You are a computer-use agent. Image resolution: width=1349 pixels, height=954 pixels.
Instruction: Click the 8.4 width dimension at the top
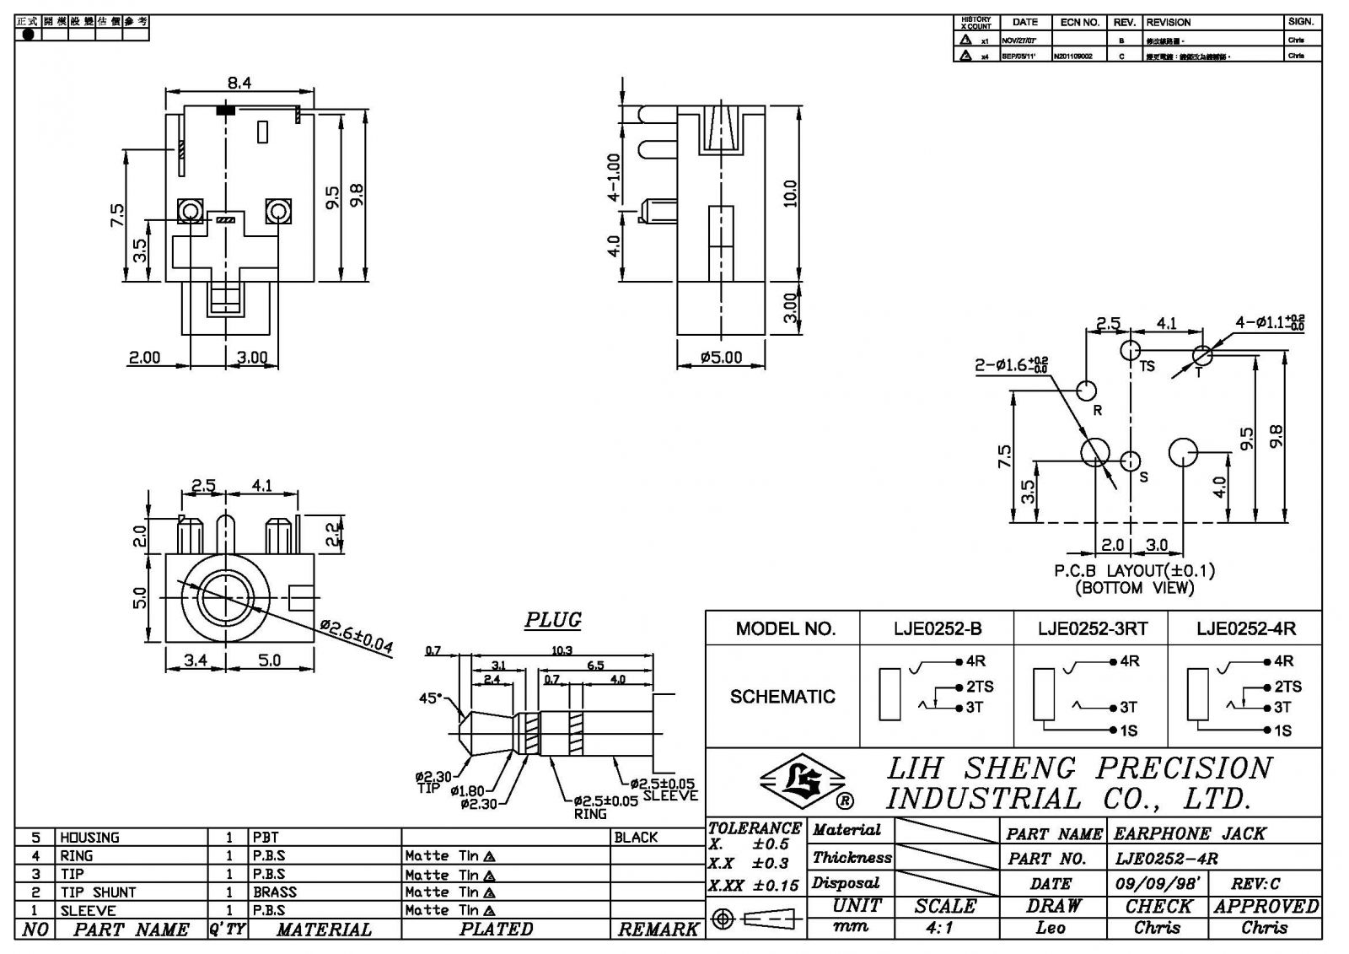click(x=239, y=83)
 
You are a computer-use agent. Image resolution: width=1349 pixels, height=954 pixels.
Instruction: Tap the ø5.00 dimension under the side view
click(x=721, y=358)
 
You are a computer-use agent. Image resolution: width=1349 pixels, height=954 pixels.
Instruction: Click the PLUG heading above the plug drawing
click(x=553, y=620)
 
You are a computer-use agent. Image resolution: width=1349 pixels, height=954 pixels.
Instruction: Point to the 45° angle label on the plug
click(x=430, y=698)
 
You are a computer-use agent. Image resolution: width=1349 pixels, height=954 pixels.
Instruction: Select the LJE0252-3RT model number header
click(x=1092, y=628)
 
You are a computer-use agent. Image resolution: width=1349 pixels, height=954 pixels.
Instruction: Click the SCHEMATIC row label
click(x=782, y=697)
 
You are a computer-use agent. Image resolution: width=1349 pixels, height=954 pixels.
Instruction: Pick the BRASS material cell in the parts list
click(x=275, y=892)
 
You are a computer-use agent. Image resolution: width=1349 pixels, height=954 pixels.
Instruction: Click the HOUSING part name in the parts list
click(x=89, y=838)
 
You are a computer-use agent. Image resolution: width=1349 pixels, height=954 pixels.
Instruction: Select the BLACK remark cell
click(x=636, y=838)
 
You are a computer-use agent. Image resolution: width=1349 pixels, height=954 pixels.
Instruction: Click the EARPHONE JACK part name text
click(x=1190, y=834)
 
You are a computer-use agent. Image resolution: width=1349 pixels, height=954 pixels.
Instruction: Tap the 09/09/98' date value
click(x=1158, y=883)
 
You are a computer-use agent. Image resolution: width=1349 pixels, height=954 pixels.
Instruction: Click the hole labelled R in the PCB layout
click(x=1087, y=391)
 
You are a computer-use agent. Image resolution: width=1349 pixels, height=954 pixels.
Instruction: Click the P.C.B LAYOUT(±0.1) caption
click(x=1135, y=571)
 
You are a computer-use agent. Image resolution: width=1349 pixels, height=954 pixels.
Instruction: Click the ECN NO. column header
click(x=1080, y=22)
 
